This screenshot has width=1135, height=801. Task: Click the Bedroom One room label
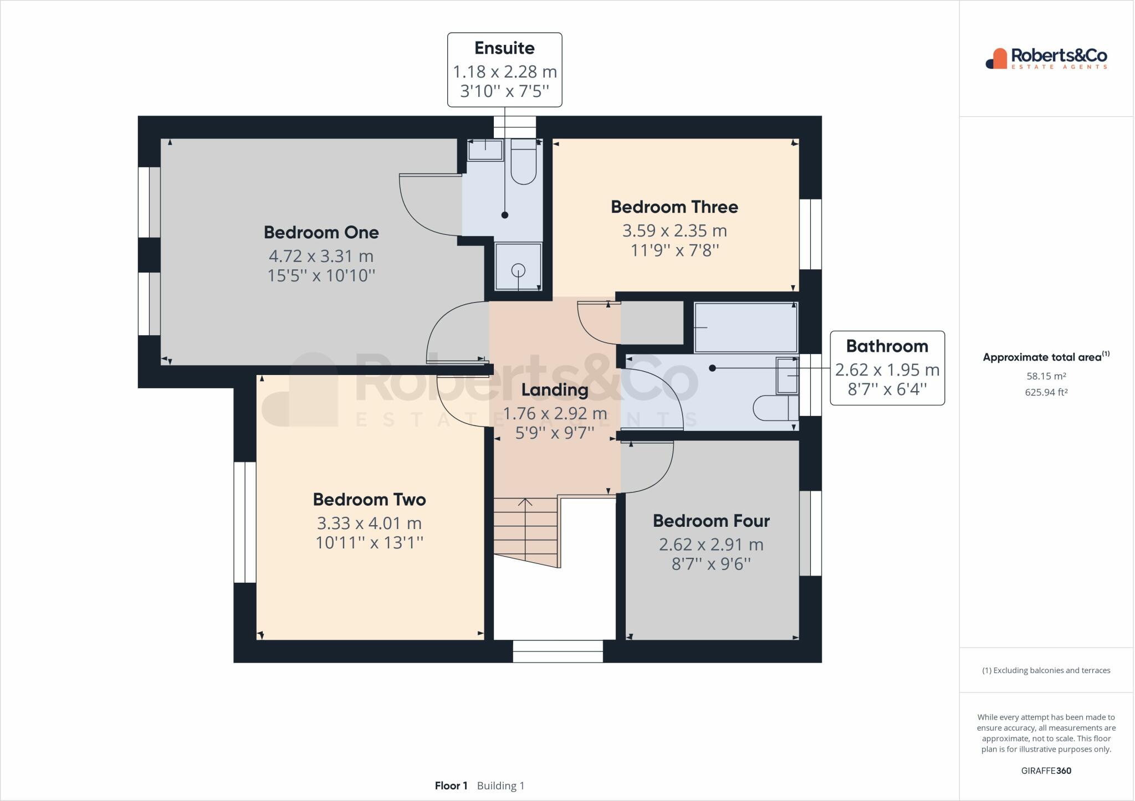321,232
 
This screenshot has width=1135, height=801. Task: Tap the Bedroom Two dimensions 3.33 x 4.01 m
369,523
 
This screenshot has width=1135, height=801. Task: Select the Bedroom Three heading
674,207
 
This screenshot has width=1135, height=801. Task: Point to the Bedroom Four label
711,521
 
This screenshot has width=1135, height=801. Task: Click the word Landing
554,389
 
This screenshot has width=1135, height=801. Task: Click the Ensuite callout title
504,48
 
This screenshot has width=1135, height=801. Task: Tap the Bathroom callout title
887,346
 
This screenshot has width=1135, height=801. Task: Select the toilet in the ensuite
523,164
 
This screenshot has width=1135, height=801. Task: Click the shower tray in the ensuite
518,267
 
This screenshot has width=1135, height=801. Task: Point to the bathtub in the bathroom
745,327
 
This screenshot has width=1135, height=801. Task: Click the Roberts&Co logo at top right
1046,58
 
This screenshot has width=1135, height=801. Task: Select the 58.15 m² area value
1046,376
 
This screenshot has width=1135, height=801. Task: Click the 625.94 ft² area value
1046,392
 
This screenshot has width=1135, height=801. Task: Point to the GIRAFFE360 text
1046,771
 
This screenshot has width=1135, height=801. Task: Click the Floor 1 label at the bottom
451,785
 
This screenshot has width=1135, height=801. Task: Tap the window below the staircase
558,651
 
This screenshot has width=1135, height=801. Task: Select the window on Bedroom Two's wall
244,522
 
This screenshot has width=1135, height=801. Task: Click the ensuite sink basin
485,150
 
